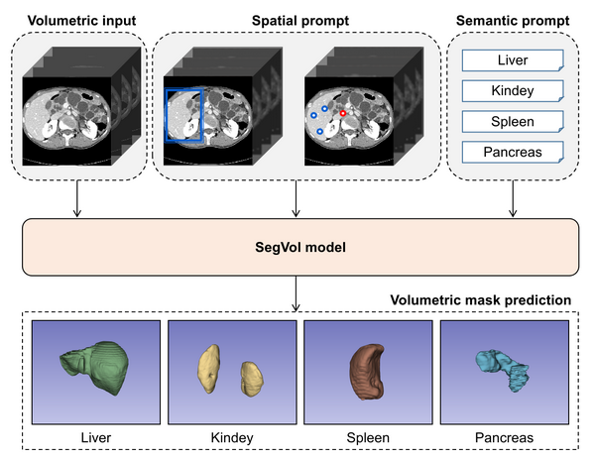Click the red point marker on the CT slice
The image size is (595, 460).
click(x=343, y=113)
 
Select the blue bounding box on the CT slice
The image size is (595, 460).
click(x=166, y=115)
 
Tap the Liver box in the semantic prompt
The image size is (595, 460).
click(x=513, y=60)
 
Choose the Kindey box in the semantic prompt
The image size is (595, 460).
click(x=513, y=90)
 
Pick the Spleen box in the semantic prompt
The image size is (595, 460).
click(x=513, y=121)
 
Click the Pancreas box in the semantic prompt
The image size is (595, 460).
click(x=513, y=152)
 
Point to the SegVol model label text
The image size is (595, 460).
click(x=300, y=247)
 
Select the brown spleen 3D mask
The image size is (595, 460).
click(x=366, y=372)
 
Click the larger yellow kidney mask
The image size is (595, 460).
click(x=208, y=369)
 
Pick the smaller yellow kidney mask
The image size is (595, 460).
click(x=252, y=379)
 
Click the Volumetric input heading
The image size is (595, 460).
click(x=81, y=21)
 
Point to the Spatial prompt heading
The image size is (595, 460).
click(x=300, y=21)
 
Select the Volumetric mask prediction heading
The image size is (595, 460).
click(x=481, y=300)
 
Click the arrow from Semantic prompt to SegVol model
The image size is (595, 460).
click(x=513, y=198)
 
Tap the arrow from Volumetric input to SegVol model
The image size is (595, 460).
click(x=77, y=198)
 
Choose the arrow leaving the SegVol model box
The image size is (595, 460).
click(x=296, y=293)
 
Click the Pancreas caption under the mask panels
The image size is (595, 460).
click(x=504, y=437)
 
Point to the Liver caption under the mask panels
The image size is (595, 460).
click(x=96, y=437)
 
